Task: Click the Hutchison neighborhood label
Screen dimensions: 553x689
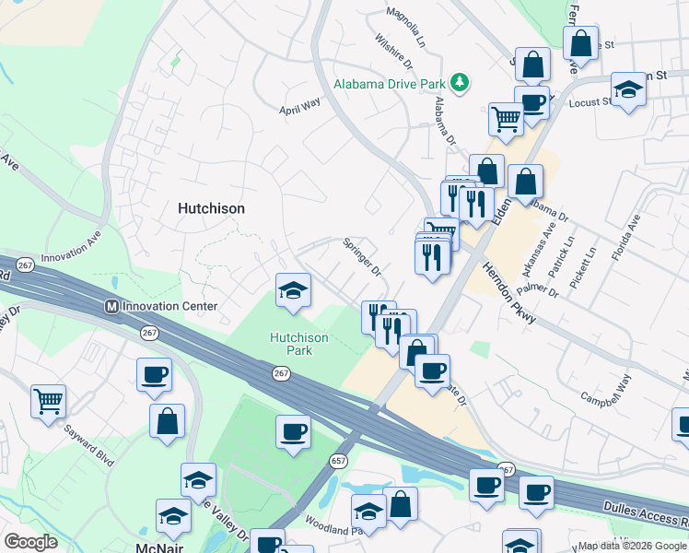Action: (211, 208)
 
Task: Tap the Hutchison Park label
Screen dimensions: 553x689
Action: (298, 344)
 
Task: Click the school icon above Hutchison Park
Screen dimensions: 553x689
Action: (293, 291)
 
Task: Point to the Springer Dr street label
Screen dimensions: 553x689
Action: (362, 256)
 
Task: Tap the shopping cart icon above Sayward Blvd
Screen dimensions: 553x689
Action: (48, 401)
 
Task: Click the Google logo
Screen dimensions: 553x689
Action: (31, 542)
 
